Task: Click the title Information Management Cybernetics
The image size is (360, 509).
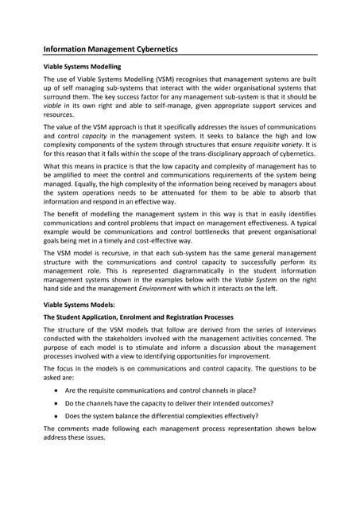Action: coord(110,49)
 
